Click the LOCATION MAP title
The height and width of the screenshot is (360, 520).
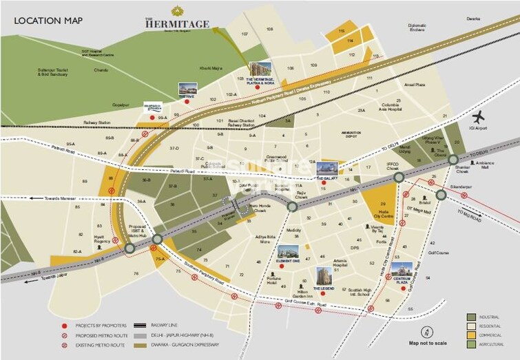pos(48,21)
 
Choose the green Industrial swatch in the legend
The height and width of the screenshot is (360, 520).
pos(470,317)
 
